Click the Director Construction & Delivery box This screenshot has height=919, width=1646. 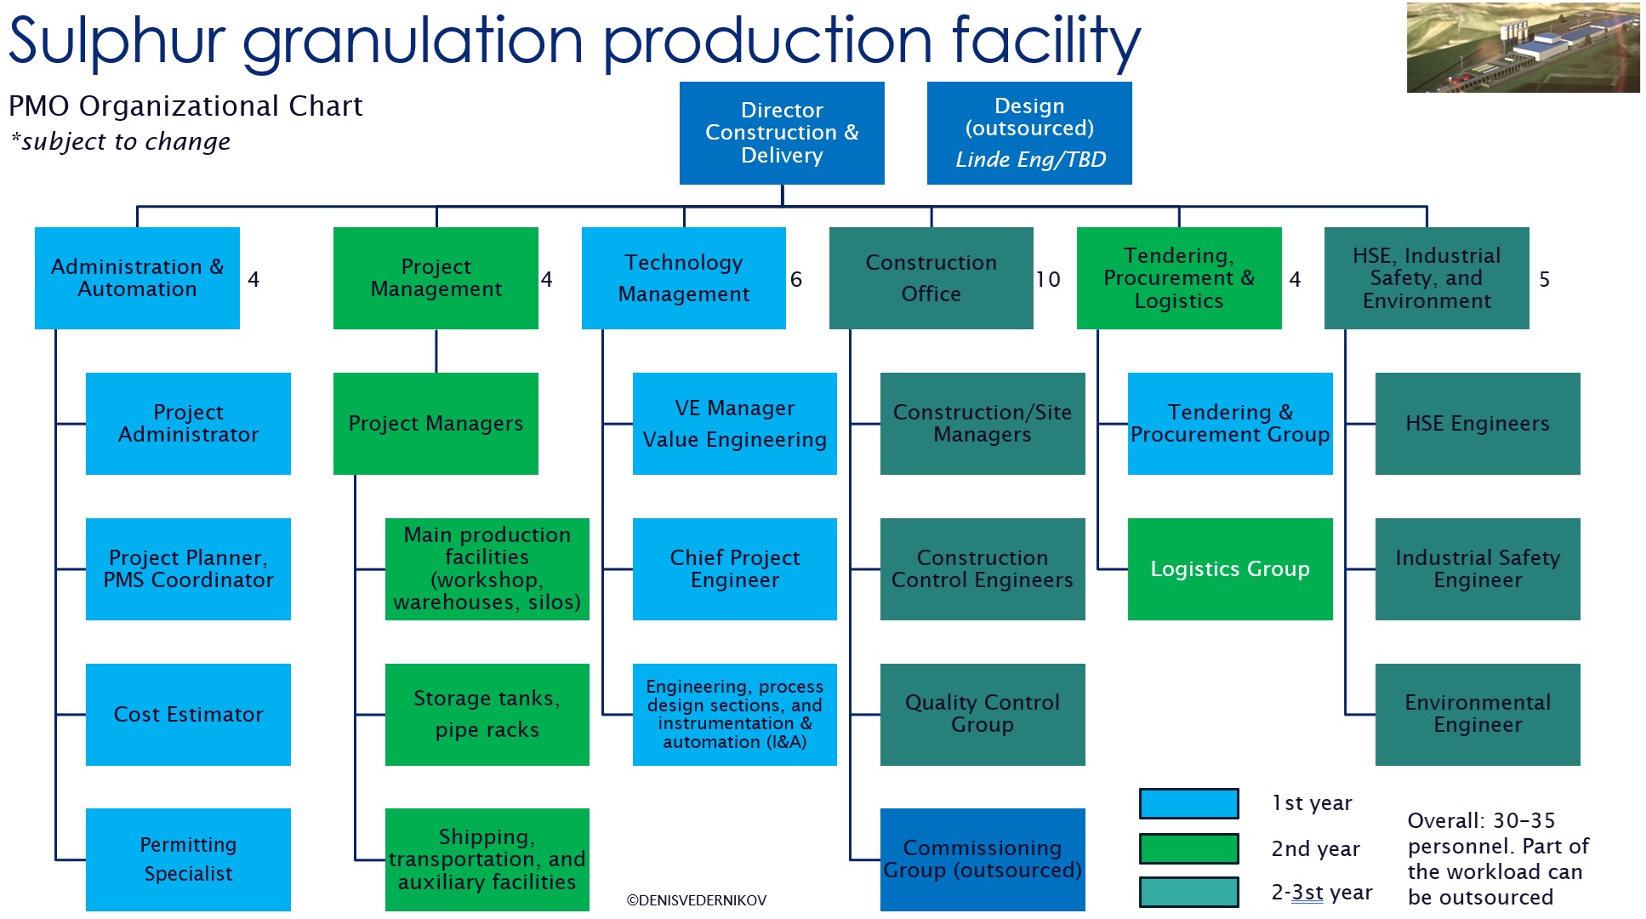782,133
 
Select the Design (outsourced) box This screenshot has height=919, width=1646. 1029,133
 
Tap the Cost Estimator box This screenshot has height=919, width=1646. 188,714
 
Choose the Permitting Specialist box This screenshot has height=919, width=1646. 188,859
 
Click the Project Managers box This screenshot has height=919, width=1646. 436,423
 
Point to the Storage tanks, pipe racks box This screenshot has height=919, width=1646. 487,714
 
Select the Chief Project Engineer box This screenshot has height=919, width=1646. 734,568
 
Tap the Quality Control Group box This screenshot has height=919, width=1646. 982,714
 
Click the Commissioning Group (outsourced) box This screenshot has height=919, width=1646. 982,859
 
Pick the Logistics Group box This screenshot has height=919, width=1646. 1230,568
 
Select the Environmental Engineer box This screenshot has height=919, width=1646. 1478,714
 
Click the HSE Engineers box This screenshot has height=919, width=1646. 1478,423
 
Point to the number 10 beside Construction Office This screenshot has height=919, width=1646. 1048,279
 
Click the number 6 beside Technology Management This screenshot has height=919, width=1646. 796,279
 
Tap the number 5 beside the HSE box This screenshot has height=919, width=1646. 1545,279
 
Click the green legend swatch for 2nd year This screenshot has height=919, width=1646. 1188,848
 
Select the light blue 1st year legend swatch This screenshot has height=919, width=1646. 1188,803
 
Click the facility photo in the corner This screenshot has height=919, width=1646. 1523,48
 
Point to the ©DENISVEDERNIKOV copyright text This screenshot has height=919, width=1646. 697,900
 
